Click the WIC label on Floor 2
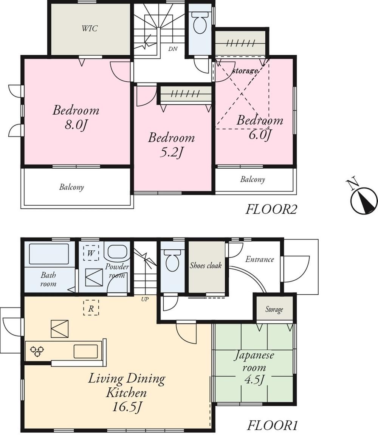[90, 29]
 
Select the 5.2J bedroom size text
[171, 153]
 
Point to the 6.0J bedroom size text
[260, 135]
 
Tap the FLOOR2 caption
[271, 209]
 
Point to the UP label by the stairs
[145, 299]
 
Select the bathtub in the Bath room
[49, 254]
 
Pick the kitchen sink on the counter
[85, 351]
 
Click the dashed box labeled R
[91, 308]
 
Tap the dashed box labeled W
[91, 252]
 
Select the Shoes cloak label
[206, 266]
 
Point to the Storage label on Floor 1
[274, 309]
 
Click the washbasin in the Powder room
[116, 252]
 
